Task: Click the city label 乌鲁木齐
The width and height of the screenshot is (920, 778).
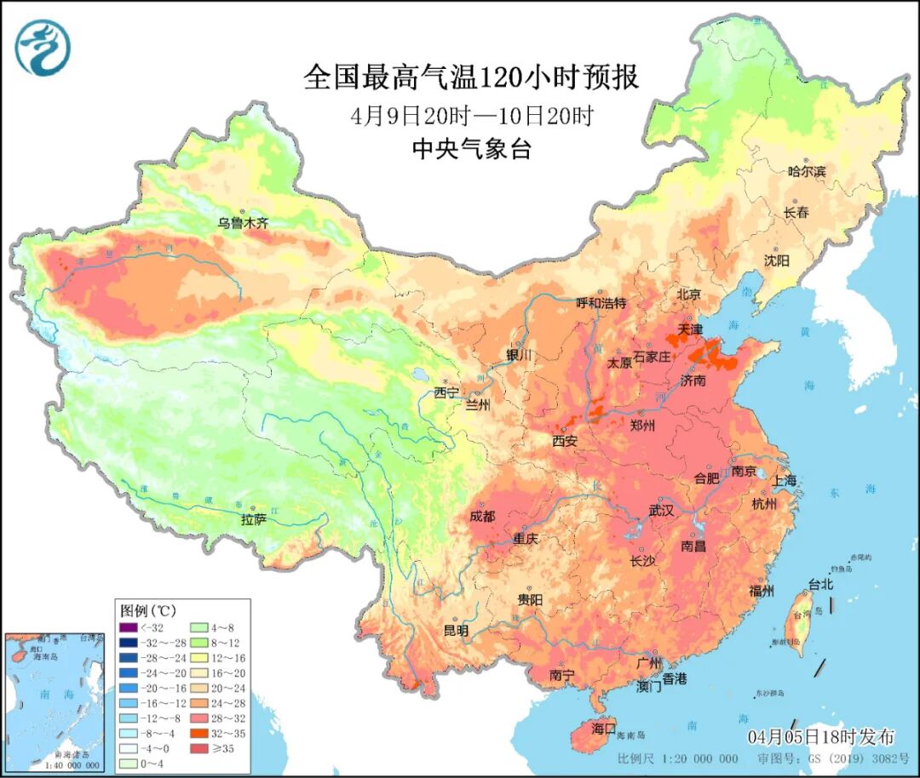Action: [242, 223]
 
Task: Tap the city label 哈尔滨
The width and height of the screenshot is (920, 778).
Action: [807, 171]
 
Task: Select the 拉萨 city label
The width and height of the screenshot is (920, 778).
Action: [254, 518]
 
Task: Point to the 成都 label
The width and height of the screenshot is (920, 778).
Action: [483, 516]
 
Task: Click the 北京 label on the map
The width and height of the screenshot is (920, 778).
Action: [688, 295]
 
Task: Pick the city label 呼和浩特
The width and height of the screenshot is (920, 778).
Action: [601, 303]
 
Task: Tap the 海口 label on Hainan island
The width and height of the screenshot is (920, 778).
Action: [603, 729]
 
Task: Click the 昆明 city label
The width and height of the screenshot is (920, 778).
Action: [456, 631]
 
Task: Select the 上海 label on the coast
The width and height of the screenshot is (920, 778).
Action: [785, 480]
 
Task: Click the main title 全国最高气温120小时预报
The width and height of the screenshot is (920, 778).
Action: [471, 78]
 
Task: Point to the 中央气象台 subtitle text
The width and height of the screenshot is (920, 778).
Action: [471, 150]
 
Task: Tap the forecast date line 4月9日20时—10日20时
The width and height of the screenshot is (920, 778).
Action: [471, 116]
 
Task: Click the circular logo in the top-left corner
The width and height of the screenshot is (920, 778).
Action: [42, 47]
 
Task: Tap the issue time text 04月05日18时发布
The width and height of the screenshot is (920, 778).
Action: [821, 736]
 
